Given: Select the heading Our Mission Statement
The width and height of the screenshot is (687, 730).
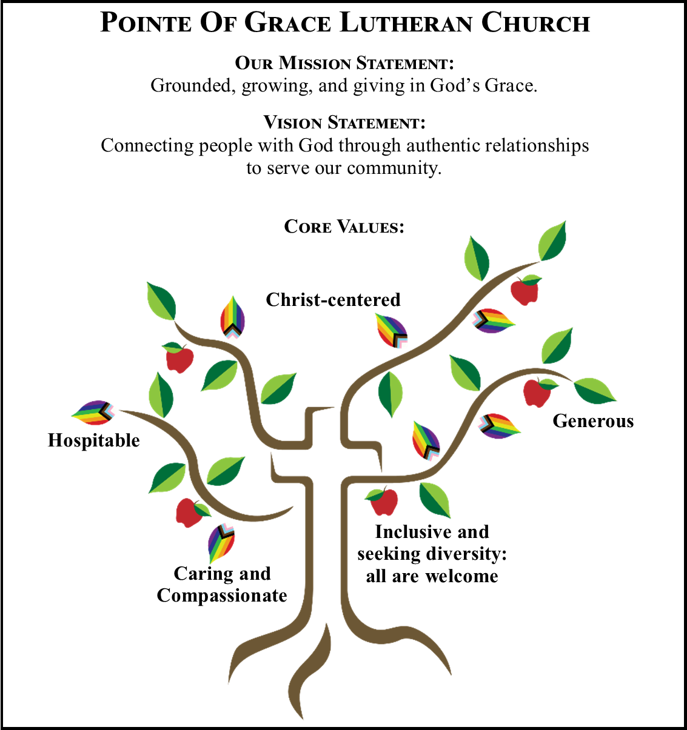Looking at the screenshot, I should tap(344, 63).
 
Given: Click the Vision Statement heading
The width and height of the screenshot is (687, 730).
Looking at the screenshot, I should tap(344, 122).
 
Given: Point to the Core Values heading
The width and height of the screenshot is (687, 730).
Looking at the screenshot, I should tap(344, 227).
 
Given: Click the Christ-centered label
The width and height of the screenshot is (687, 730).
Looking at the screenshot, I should tap(333, 300).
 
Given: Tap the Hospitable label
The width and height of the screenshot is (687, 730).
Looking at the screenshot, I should tap(93, 440).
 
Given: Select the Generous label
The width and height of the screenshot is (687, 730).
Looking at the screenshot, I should tap(593, 421).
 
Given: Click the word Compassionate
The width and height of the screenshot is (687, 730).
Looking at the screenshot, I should tap(222, 596).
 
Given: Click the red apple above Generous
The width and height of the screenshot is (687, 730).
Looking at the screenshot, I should tap(537, 393).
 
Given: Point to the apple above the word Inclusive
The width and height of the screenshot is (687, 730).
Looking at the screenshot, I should tap(383, 502).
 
